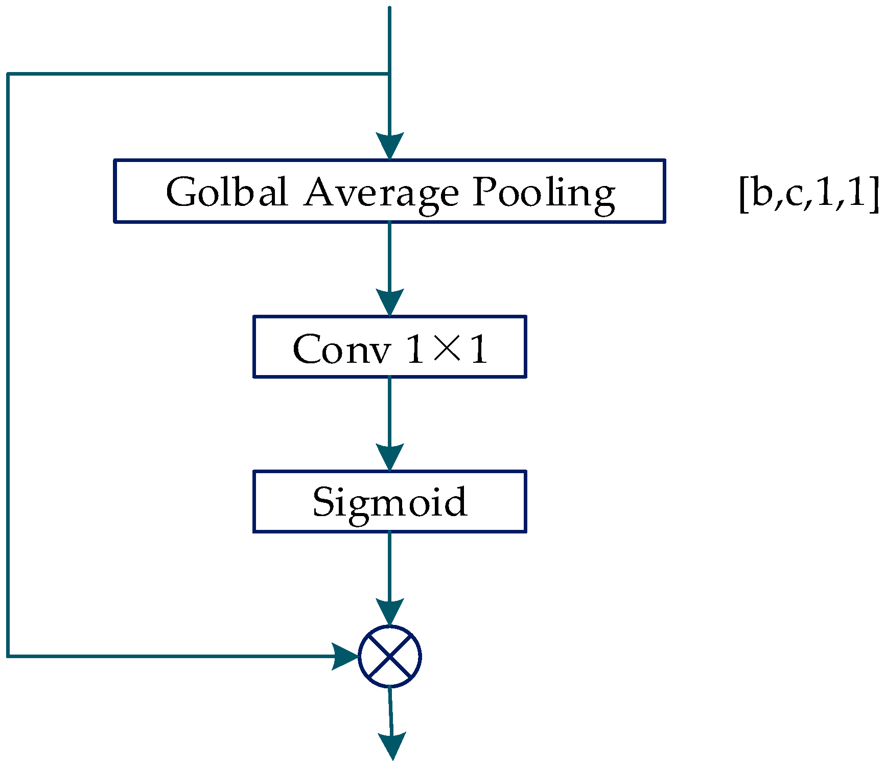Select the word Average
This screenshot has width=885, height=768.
[381, 193]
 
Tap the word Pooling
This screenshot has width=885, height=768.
[543, 193]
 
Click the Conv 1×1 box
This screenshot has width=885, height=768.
[389, 347]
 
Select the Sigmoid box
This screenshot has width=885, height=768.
[389, 501]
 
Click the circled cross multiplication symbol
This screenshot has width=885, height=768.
[390, 657]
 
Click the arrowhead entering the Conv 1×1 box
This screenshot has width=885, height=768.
[390, 302]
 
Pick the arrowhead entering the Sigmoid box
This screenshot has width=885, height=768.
[390, 457]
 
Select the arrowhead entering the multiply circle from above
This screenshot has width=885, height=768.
[390, 612]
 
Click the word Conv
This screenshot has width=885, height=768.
[341, 349]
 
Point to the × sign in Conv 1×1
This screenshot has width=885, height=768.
[447, 349]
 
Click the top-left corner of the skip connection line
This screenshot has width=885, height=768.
[8, 75]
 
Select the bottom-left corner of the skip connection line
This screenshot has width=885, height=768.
[8, 656]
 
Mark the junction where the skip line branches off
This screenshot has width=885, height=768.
[389, 75]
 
